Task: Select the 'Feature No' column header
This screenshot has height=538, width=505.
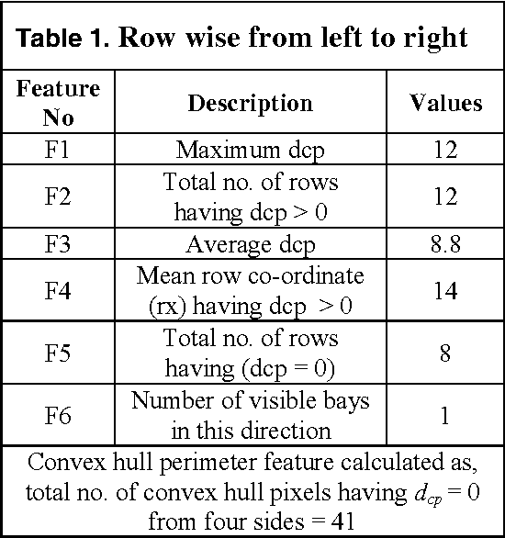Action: coord(59,103)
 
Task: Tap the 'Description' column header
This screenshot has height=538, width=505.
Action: coord(250,103)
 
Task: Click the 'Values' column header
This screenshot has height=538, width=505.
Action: coord(445,103)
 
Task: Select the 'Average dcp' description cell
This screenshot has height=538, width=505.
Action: coord(250,244)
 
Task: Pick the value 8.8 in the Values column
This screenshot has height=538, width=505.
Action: coord(445,244)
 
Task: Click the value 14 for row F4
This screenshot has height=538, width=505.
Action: coord(445,291)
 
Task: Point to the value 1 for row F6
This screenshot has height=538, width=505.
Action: coord(445,415)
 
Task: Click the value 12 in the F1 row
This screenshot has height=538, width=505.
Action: coord(445,149)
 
